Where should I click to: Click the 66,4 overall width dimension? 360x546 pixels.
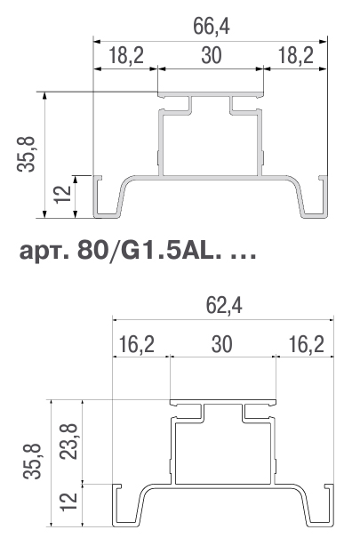(212, 27)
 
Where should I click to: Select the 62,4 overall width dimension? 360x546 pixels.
(224, 306)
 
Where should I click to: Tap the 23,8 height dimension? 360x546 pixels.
(68, 441)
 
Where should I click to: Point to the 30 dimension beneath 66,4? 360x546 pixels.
(212, 56)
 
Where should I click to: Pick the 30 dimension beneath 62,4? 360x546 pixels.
(222, 344)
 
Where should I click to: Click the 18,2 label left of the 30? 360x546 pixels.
(126, 56)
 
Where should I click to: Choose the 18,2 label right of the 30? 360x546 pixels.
(296, 56)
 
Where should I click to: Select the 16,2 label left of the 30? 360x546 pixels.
(137, 344)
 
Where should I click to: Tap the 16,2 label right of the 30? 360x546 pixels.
(307, 344)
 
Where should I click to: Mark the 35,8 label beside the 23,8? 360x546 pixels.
(32, 462)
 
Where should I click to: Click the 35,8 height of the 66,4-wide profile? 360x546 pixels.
(26, 154)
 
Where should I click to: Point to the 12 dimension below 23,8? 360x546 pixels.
(68, 502)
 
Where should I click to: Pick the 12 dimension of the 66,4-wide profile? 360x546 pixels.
(63, 194)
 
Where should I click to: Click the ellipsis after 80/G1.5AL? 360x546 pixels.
(244, 257)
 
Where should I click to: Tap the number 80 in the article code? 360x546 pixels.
(92, 251)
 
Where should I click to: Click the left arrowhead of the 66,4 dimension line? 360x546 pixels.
(97, 42)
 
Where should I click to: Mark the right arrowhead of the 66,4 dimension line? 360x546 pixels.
(324, 42)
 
